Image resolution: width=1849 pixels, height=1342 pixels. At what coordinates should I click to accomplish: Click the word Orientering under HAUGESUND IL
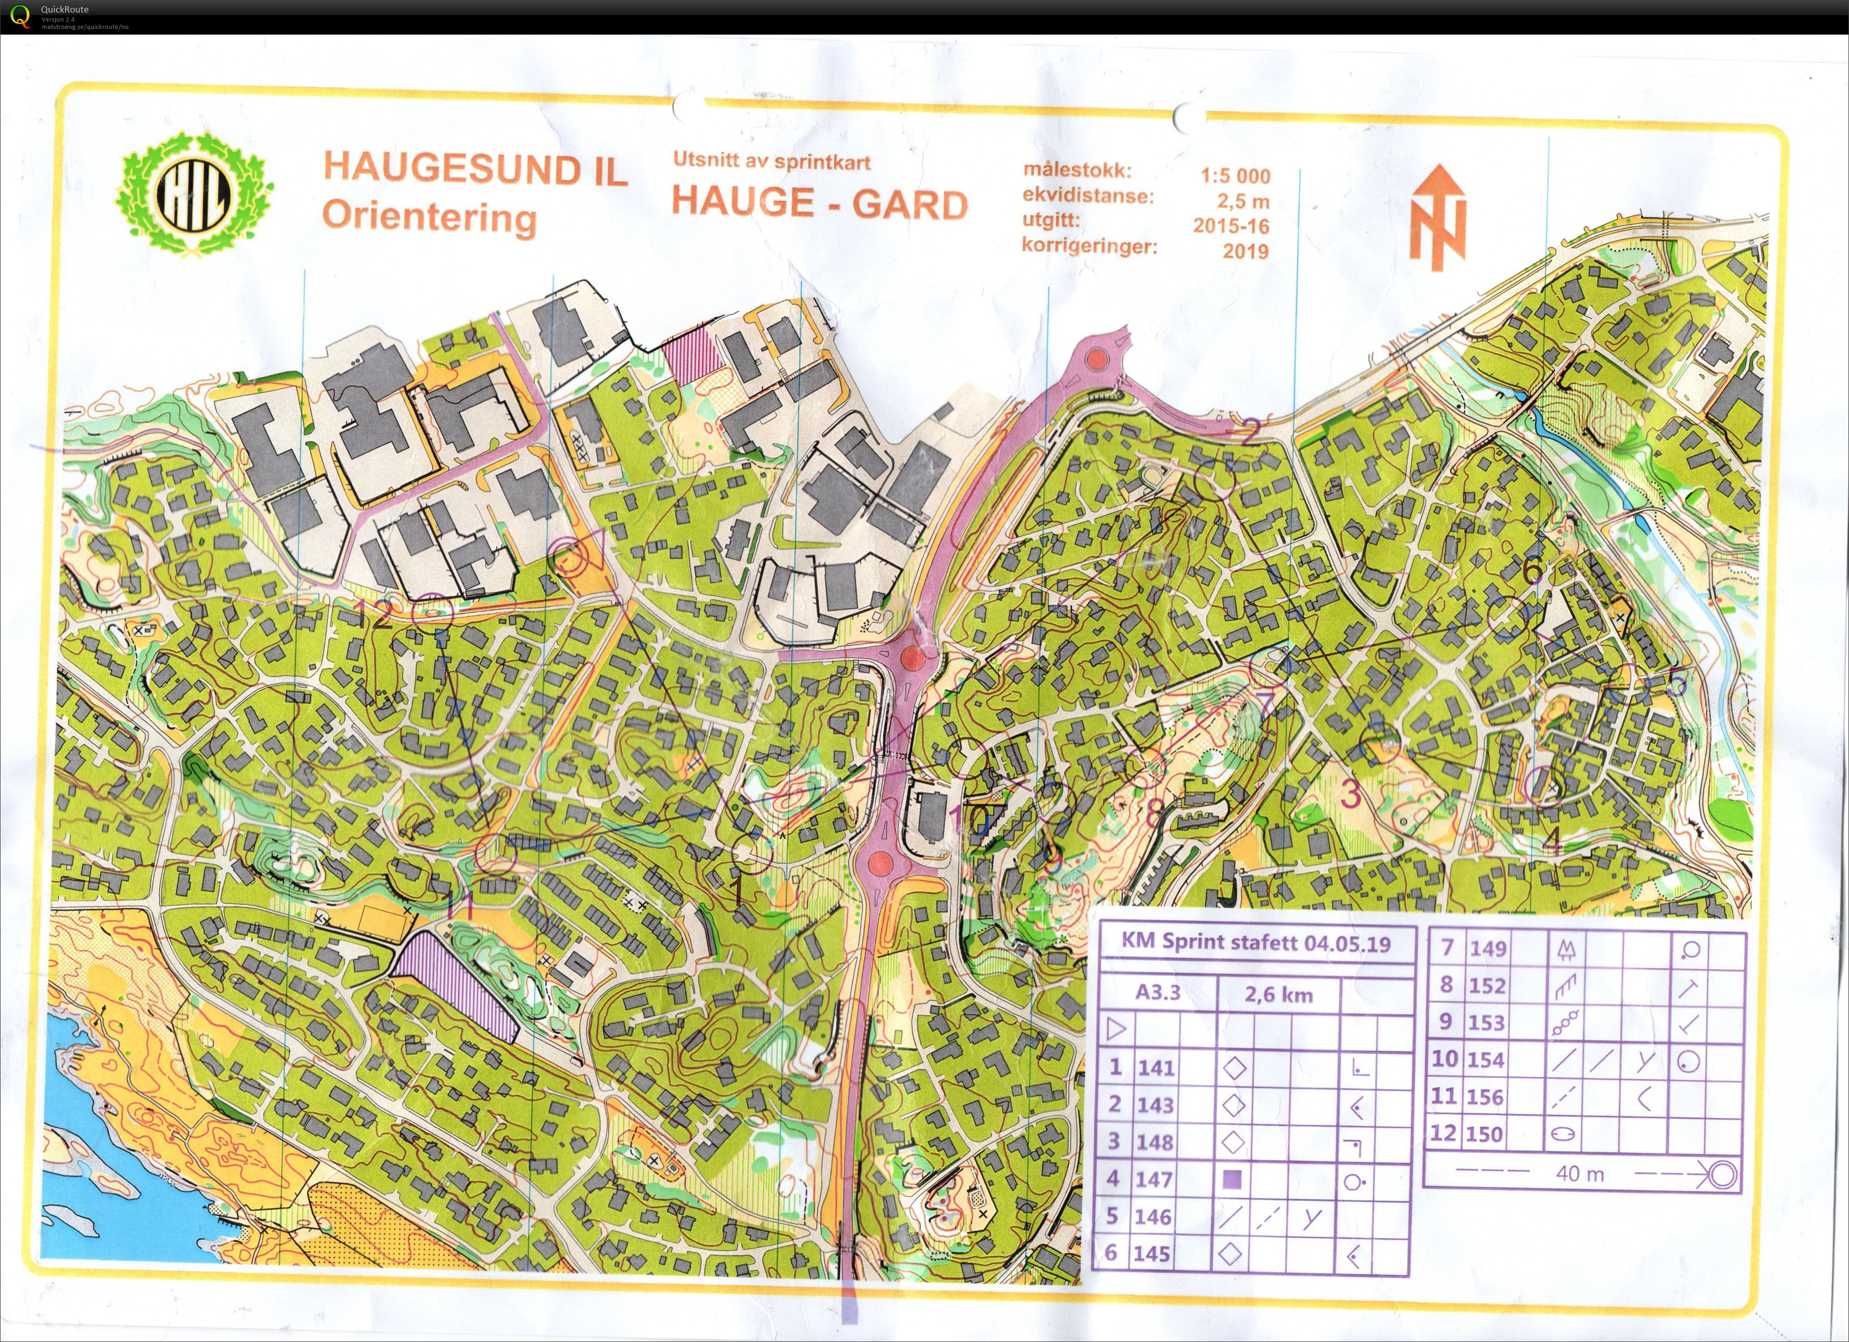click(430, 219)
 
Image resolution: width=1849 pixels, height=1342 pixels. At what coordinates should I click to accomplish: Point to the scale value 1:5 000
click(1234, 176)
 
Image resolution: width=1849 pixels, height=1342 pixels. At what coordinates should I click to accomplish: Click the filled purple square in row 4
click(1233, 1179)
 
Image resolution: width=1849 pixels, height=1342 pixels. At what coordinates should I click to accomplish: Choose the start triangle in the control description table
click(1115, 1030)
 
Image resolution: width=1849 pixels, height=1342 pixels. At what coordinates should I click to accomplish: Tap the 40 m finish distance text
click(1579, 1174)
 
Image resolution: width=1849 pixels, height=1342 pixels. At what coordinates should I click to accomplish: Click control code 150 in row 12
click(1486, 1134)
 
